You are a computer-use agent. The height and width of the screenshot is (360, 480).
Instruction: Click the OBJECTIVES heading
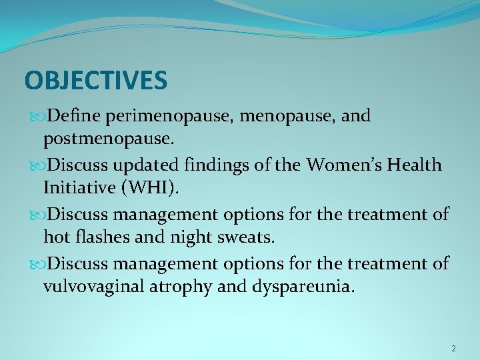point(95,81)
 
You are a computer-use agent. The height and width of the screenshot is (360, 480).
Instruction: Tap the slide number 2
point(453,349)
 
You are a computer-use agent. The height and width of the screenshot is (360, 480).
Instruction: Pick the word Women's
point(343,165)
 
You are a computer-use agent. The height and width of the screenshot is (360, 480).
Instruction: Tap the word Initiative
point(78,189)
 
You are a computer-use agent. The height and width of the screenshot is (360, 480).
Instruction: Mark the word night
point(199,237)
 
